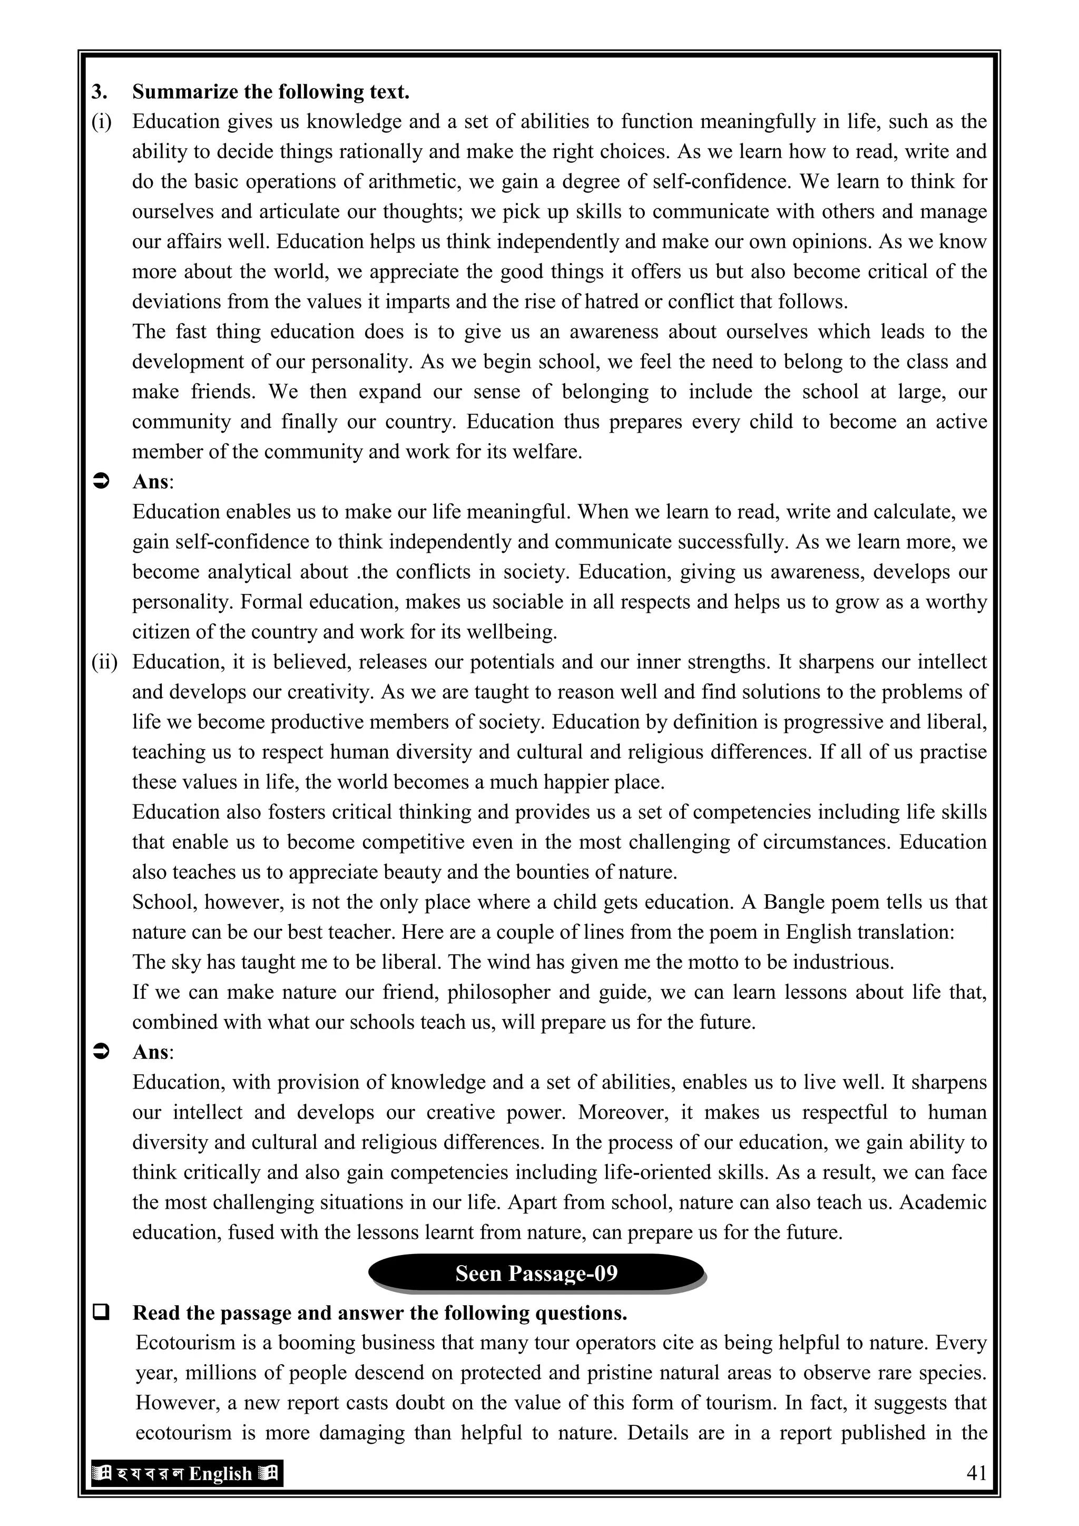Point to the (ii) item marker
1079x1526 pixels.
[104, 662]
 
